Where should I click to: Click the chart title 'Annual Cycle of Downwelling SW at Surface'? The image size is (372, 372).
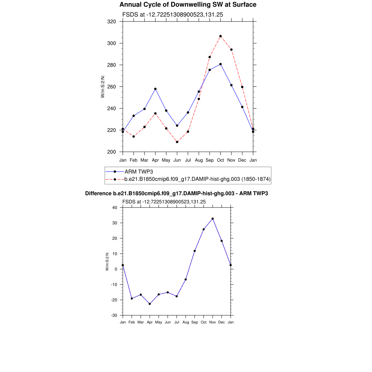tap(188, 5)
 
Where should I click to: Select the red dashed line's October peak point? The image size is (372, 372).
tap(221, 36)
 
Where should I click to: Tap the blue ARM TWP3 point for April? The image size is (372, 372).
tap(155, 89)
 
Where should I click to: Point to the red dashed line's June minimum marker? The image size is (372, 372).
tap(177, 142)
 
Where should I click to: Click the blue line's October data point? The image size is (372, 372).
tap(221, 64)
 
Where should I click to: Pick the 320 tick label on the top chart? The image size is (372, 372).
tap(112, 22)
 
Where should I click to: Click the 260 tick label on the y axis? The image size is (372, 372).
tap(112, 87)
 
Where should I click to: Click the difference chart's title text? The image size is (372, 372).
tap(177, 194)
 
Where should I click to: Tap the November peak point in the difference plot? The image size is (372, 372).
tap(213, 219)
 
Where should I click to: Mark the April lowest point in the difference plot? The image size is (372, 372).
tap(150, 304)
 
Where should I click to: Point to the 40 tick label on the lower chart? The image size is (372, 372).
tap(114, 208)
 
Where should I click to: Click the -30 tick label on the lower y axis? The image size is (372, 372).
tap(114, 315)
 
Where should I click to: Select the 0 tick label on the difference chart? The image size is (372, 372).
tap(116, 269)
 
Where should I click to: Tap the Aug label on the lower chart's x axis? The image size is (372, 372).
tap(186, 322)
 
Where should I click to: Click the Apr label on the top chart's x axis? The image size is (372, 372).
tap(155, 160)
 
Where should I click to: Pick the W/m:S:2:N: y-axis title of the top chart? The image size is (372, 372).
tap(103, 86)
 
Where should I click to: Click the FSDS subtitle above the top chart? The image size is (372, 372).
tap(173, 15)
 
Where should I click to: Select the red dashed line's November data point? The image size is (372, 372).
tap(231, 50)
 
